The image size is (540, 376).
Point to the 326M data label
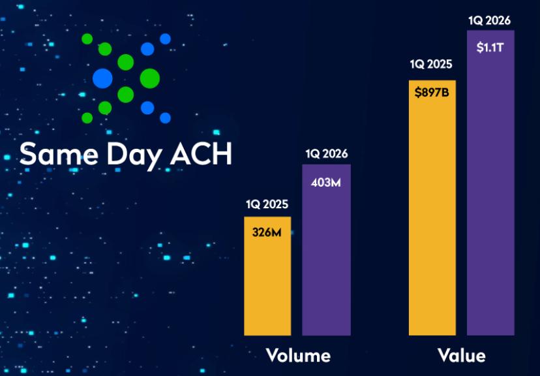pos(267,232)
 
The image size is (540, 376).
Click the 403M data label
pos(326,182)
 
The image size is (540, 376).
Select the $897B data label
pos(432,92)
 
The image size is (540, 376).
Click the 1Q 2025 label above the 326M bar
pos(267,205)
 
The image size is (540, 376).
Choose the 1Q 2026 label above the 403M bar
pos(326,154)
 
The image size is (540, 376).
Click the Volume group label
pos(298,356)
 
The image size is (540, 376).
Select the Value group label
pos(461,356)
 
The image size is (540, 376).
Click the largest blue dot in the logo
pos(102,78)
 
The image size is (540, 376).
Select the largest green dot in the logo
pos(149,78)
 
